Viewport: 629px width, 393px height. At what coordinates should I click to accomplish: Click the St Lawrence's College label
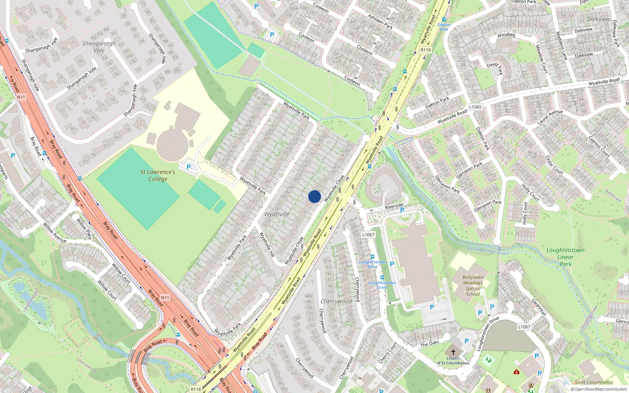[x=158, y=175]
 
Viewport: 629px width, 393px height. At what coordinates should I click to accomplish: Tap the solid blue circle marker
[x=314, y=196]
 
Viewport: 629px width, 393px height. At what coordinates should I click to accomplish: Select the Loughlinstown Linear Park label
[x=565, y=257]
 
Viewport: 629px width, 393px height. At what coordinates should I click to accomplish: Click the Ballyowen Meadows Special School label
[x=473, y=285]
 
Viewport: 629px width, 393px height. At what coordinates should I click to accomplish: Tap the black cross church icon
[x=453, y=352]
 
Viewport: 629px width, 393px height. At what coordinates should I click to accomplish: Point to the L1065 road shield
[x=475, y=107]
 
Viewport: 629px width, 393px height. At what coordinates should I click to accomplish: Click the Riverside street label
[x=394, y=206]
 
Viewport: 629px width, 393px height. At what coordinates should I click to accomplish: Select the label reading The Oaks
[x=430, y=343]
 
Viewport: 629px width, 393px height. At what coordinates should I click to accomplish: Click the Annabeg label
[x=506, y=35]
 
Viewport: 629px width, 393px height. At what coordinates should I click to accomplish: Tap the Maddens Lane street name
[x=562, y=46]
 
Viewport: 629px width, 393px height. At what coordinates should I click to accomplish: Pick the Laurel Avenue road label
[x=550, y=117]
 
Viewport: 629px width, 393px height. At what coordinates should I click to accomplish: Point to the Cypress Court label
[x=599, y=147]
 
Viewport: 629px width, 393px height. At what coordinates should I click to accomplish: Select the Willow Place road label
[x=84, y=229]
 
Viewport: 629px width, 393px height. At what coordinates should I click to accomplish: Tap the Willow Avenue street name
[x=55, y=233]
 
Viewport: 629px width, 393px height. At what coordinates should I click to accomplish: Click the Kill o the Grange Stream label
[x=488, y=251]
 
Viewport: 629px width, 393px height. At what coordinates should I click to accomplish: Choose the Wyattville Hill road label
[x=267, y=244]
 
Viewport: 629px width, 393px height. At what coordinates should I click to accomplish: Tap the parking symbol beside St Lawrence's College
[x=189, y=167]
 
